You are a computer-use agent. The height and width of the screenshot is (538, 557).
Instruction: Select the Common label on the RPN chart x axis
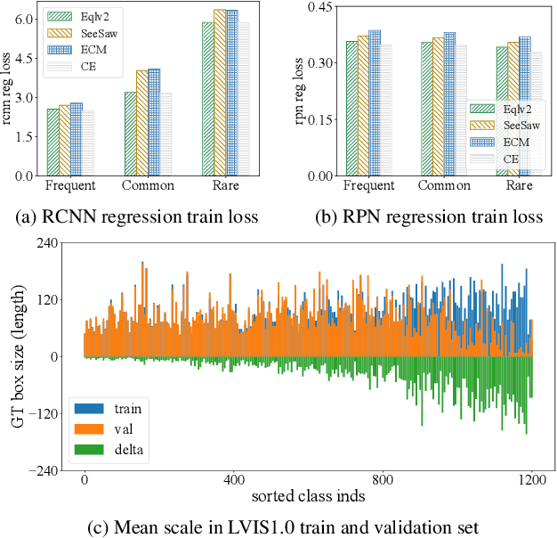(444, 185)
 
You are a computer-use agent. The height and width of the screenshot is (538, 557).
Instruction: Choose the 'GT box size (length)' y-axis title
(18, 356)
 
